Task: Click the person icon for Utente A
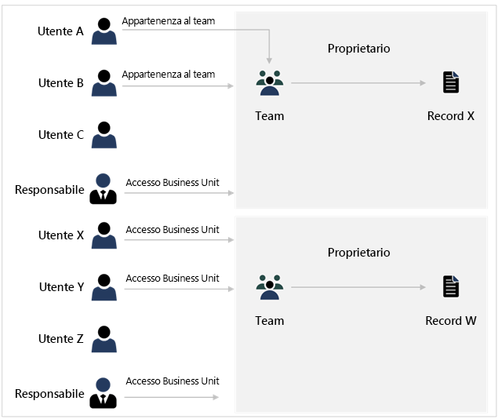coord(104,31)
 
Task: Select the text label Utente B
coord(60,83)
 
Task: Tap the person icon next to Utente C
coord(104,135)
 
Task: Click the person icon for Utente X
coord(104,235)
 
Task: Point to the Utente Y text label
coord(61,287)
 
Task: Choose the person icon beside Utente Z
coord(104,339)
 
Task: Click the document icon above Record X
coord(450,82)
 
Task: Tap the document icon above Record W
coord(450,287)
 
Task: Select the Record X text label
coord(450,116)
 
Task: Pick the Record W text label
coord(450,321)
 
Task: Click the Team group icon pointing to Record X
coord(269,83)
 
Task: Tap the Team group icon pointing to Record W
coord(269,287)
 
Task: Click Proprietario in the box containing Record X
coord(358,49)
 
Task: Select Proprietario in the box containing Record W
coord(358,253)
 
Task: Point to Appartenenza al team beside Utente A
coord(168,21)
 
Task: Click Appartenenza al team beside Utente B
coord(168,75)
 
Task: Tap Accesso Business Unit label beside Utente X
coord(173,230)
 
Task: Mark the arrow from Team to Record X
coord(359,83)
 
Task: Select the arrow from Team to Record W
coord(359,288)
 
